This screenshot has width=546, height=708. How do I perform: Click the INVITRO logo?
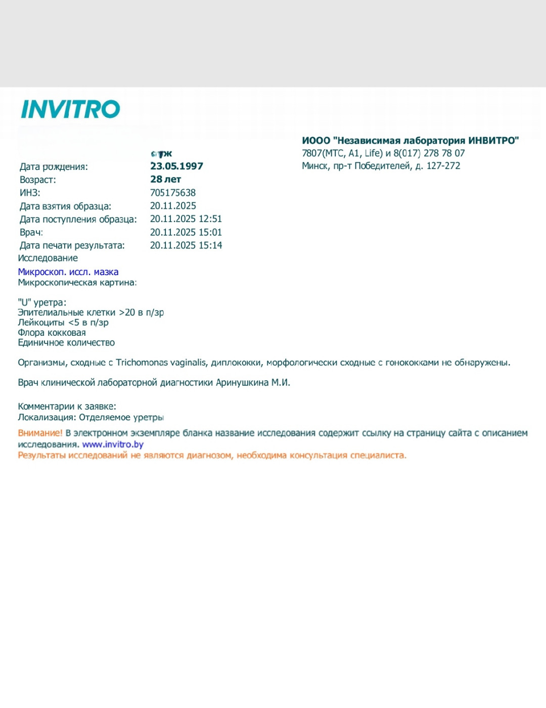70,109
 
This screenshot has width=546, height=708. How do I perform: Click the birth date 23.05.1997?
176,166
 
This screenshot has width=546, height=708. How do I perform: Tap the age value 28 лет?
165,179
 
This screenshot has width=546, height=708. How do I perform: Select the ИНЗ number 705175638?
172,193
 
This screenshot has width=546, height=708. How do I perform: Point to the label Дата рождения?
54,166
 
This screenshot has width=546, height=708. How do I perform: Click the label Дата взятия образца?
65,206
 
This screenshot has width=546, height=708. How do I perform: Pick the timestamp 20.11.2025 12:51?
186,219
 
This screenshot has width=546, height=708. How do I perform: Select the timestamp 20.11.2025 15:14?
186,245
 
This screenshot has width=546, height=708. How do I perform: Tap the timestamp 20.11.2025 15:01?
186,232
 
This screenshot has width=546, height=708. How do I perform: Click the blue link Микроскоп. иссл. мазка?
68,272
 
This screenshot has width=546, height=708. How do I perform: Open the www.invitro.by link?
113,445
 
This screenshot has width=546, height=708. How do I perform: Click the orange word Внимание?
40,433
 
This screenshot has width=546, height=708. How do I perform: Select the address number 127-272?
443,166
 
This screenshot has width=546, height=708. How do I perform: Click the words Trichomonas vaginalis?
161,363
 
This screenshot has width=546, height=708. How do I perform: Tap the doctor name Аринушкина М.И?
253,383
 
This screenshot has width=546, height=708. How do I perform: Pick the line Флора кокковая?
52,333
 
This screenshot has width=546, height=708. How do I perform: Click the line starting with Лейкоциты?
63,323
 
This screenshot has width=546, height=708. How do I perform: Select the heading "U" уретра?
42,302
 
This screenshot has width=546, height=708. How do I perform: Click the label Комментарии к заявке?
67,407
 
